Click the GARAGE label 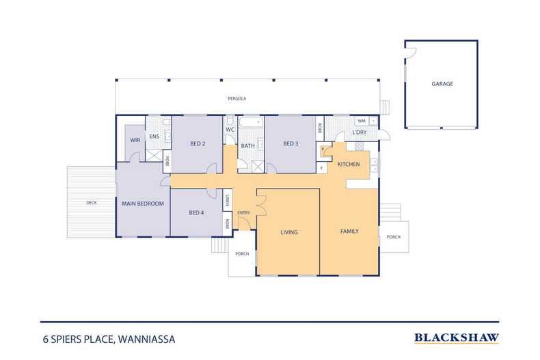pyautogui.click(x=442, y=83)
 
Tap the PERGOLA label pyautogui.click(x=237, y=98)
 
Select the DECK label pyautogui.click(x=92, y=203)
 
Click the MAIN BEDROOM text pyautogui.click(x=143, y=204)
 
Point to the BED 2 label pyautogui.click(x=198, y=143)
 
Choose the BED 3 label pyautogui.click(x=291, y=143)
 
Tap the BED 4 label pyautogui.click(x=196, y=212)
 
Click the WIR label pyautogui.click(x=135, y=140)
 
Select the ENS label pyautogui.click(x=154, y=137)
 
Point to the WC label pyautogui.click(x=230, y=130)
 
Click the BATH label pyautogui.click(x=247, y=146)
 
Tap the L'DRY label pyautogui.click(x=359, y=132)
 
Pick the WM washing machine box pyautogui.click(x=362, y=121)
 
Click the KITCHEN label pyautogui.click(x=349, y=164)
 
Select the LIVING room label pyautogui.click(x=289, y=232)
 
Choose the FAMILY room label pyautogui.click(x=349, y=232)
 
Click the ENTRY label pyautogui.click(x=243, y=212)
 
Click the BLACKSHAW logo pyautogui.click(x=457, y=338)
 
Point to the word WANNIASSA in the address pyautogui.click(x=147, y=340)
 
